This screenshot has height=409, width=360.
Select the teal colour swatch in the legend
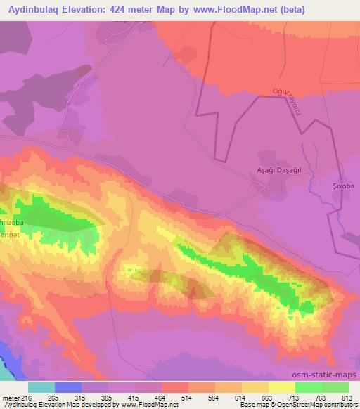click(41, 388)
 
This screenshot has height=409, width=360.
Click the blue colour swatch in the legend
click(68, 388)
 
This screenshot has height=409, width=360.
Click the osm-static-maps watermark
click(330, 375)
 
